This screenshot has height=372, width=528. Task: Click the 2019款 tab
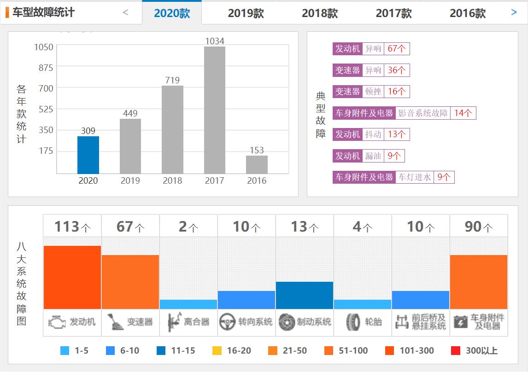tap(246, 13)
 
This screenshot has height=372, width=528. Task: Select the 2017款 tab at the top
tap(393, 13)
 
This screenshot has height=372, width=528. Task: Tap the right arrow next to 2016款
tap(514, 12)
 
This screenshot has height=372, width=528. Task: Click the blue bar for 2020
tap(88, 155)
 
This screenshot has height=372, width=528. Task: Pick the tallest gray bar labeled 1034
tap(214, 110)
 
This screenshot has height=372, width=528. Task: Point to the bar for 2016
tap(257, 164)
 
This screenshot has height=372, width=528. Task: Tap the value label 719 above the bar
tap(172, 80)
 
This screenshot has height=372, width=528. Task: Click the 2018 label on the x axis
tap(172, 180)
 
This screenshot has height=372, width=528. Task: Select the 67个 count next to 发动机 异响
tap(396, 49)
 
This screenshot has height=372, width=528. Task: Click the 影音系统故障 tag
tap(422, 113)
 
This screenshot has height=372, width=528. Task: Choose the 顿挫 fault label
tap(373, 92)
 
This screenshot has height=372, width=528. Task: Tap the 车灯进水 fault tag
tap(414, 177)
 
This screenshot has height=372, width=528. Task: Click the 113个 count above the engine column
tap(72, 227)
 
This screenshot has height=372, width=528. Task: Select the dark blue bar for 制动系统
tap(305, 295)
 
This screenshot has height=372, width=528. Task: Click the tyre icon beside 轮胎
tap(353, 322)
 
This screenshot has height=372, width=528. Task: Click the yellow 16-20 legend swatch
tap(217, 351)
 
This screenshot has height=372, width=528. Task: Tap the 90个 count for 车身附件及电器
tap(479, 227)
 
